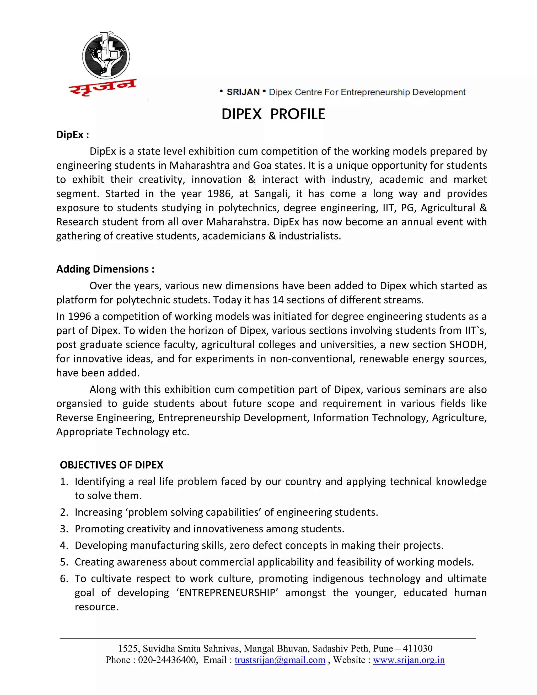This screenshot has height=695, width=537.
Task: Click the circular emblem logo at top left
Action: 106,56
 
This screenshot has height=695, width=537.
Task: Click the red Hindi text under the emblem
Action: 103,87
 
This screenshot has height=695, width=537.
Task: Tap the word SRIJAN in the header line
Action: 243,92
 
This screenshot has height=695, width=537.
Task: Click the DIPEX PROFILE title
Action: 273,114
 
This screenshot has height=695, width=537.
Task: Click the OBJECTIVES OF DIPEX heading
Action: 111,465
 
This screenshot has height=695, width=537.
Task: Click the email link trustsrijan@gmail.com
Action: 280,660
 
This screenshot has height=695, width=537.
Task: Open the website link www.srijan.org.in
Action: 409,660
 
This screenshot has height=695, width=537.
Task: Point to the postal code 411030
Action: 417,649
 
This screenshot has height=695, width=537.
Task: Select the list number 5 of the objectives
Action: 64,562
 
